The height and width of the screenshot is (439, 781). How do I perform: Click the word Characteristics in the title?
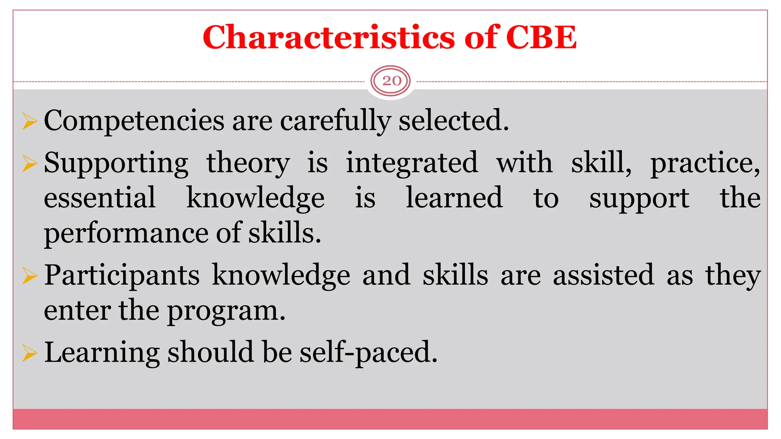click(329, 37)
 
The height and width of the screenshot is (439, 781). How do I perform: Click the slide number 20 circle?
click(391, 81)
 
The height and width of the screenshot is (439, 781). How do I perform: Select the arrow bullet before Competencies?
click(29, 122)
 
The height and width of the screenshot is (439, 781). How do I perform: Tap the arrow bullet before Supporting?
click(29, 164)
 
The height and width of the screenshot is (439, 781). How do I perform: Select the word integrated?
click(411, 163)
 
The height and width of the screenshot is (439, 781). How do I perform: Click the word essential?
click(100, 198)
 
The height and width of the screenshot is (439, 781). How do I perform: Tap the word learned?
click(454, 198)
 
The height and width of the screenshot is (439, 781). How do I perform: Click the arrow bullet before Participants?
click(29, 276)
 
